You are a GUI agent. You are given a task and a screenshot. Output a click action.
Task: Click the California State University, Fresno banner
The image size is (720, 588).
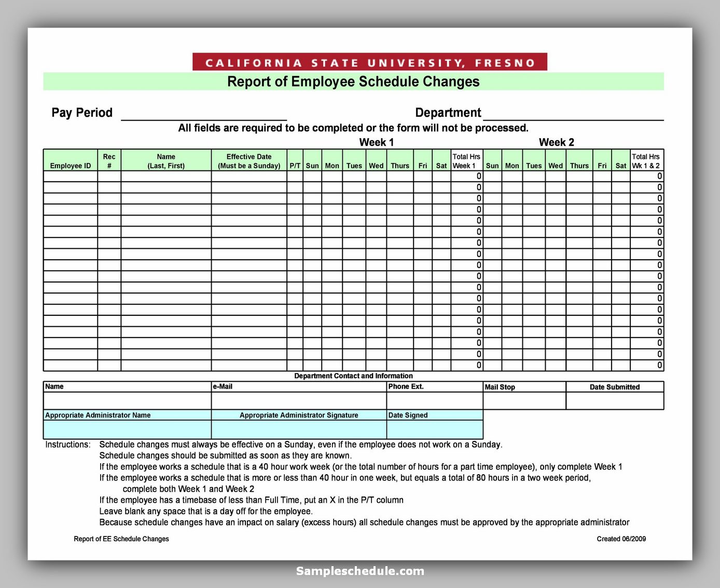click(x=369, y=62)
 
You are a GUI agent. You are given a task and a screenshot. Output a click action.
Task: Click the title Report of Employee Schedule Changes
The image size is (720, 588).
click(x=353, y=82)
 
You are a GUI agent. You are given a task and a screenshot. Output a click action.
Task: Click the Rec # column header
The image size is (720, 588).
click(x=109, y=161)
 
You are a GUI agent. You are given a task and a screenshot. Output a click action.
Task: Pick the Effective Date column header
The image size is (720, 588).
click(x=249, y=161)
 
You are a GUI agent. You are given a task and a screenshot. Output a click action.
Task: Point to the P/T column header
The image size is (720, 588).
click(x=295, y=165)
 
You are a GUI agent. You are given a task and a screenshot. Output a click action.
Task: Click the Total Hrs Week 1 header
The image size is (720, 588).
click(x=466, y=161)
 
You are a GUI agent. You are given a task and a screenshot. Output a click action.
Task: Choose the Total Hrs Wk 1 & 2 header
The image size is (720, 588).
click(x=646, y=161)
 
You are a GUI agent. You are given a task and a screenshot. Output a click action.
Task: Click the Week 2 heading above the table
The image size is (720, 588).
click(x=556, y=142)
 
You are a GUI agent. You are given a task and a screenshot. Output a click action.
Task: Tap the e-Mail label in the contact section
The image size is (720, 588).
click(x=223, y=386)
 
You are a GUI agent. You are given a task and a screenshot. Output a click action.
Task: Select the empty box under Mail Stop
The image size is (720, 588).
click(x=524, y=401)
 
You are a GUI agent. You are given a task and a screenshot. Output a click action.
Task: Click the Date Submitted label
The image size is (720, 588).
click(x=614, y=387)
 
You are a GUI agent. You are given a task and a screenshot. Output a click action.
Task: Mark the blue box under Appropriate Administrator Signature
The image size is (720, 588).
click(x=299, y=430)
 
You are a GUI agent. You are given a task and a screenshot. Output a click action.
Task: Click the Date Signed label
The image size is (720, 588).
click(x=408, y=415)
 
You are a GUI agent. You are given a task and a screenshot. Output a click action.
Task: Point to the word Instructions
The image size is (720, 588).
click(x=67, y=445)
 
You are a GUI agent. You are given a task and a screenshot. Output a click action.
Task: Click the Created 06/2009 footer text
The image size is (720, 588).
click(x=621, y=539)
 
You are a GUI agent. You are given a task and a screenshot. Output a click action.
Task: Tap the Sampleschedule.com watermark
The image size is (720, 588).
click(x=360, y=571)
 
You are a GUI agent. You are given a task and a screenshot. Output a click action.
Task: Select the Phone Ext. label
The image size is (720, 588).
click(x=406, y=386)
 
